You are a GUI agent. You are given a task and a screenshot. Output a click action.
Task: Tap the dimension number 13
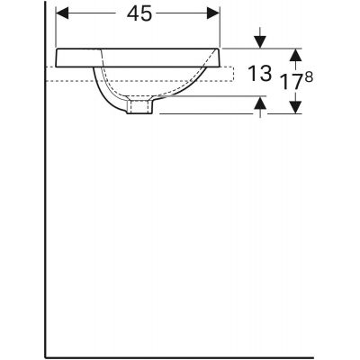click(x=261, y=75)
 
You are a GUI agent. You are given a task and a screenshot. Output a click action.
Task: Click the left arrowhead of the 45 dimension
click(x=62, y=15)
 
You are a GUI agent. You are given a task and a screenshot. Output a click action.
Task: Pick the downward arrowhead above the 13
click(x=260, y=41)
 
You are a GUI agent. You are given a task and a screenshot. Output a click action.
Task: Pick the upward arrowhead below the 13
click(x=260, y=106)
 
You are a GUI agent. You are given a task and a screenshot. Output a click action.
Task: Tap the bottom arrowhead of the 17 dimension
click(x=293, y=109)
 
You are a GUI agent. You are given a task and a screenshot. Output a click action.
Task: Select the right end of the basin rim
click(x=220, y=57)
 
